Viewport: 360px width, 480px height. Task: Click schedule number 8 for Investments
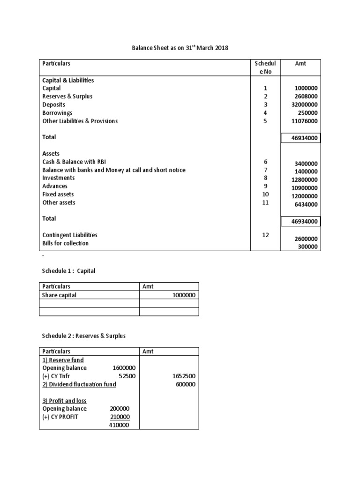coord(265,178)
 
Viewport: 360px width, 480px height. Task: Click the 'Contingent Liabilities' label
coord(70,235)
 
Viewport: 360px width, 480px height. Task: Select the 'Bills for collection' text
coord(65,243)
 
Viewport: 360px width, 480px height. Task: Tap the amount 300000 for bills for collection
coord(308,247)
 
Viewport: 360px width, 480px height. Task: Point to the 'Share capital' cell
coord(60,295)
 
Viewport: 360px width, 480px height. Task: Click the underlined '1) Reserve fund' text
coord(63,360)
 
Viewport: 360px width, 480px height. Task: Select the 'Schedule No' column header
coord(265,67)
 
